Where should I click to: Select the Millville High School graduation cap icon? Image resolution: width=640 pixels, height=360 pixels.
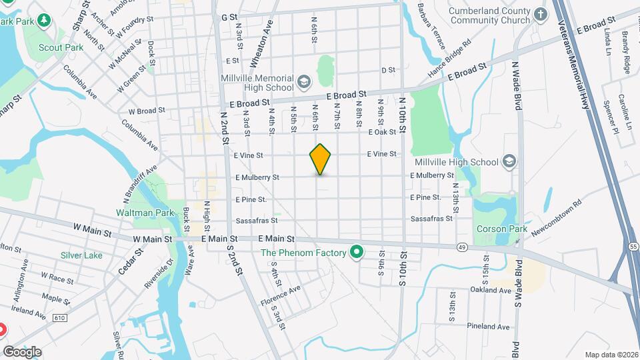510,161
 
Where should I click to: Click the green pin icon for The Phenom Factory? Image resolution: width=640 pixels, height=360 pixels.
357,253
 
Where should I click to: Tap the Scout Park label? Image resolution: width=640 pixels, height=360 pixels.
61,47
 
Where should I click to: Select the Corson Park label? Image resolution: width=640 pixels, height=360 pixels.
497,229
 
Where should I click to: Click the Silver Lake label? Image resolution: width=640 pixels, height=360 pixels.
81,255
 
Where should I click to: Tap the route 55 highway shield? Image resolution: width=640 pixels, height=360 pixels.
633,247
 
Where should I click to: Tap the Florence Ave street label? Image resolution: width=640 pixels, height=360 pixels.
281,297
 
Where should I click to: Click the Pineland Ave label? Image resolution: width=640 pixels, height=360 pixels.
488,327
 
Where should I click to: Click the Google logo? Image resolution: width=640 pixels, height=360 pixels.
22,352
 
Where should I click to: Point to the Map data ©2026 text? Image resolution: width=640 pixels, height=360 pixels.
611,355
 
